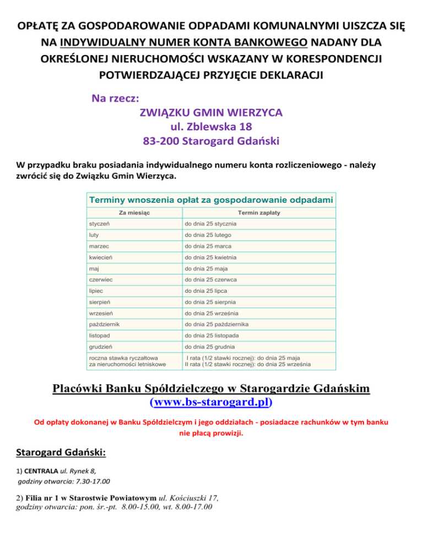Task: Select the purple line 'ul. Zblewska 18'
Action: coord(211,127)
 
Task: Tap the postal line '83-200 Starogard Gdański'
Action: coord(211,141)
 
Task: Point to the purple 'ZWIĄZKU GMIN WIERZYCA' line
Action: coord(211,112)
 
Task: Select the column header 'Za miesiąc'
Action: coord(135,212)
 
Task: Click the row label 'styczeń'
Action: coord(100,224)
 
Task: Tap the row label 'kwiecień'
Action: coord(101,257)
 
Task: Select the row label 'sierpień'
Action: coord(101,302)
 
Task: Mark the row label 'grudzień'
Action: coord(102,347)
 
